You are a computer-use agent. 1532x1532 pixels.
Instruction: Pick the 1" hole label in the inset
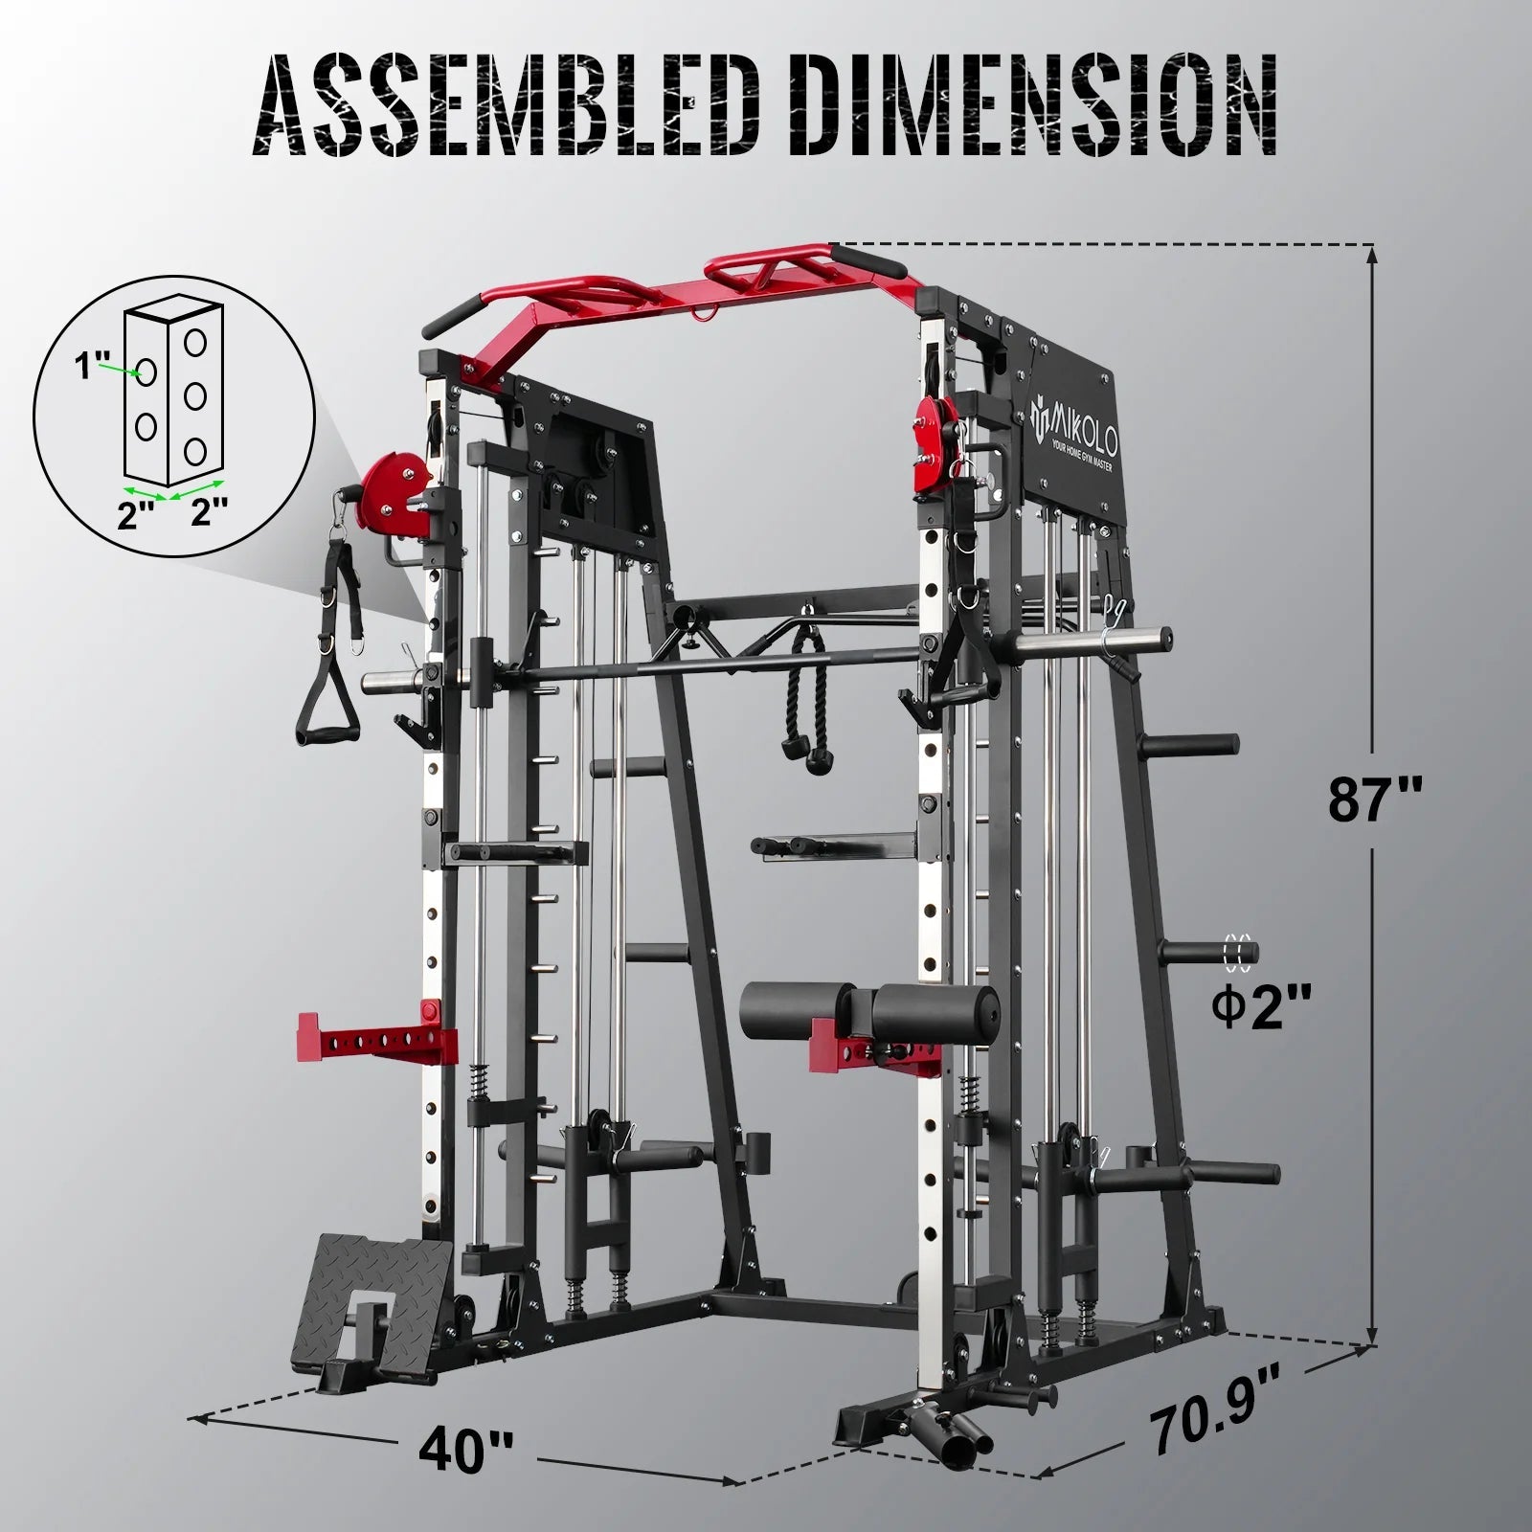point(97,366)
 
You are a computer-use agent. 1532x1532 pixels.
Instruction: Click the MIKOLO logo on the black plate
point(1074,418)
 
